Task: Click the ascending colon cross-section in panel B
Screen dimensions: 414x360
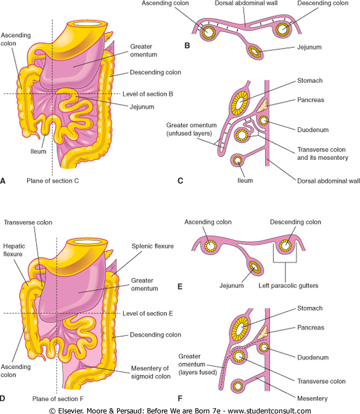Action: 207,33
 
